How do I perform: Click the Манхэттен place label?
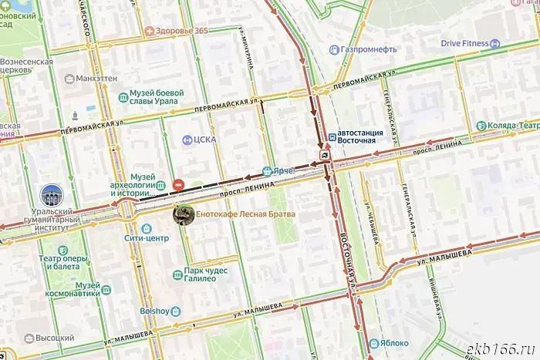pyautogui.click(x=96, y=79)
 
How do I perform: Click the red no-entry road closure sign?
pyautogui.click(x=178, y=184)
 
